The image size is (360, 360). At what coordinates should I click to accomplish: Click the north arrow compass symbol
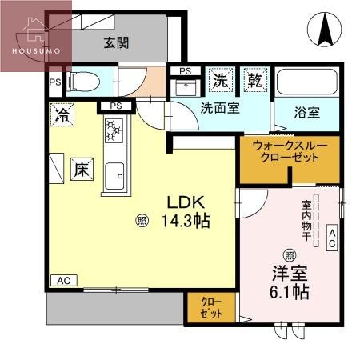(326, 30)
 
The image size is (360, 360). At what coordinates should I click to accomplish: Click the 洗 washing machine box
(220, 79)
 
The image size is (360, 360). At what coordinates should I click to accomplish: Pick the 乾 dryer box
(254, 79)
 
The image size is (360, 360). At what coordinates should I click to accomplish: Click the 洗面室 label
(220, 108)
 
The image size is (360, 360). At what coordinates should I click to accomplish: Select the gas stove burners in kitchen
(113, 131)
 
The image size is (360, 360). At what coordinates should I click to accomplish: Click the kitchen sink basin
(114, 173)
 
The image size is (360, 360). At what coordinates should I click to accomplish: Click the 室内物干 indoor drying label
(306, 216)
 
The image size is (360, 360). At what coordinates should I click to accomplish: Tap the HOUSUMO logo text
(36, 50)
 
